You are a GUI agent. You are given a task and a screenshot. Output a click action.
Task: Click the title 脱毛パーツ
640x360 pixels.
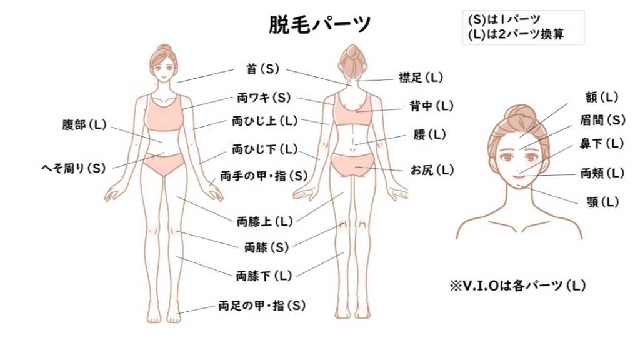pyautogui.click(x=320, y=24)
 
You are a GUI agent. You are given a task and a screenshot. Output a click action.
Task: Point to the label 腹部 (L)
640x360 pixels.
pyautogui.click(x=84, y=124)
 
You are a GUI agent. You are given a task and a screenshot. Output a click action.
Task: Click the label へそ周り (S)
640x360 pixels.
pyautogui.click(x=73, y=167)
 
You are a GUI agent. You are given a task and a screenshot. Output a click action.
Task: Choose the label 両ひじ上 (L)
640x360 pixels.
pyautogui.click(x=264, y=120)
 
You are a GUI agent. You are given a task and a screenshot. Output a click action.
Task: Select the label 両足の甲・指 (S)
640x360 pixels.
pyautogui.click(x=262, y=306)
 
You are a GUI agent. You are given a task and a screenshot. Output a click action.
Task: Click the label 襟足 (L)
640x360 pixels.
pyautogui.click(x=421, y=77)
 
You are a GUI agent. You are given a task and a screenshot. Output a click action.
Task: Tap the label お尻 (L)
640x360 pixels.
pyautogui.click(x=431, y=169)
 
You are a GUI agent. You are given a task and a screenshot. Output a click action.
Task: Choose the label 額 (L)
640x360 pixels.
pyautogui.click(x=601, y=97)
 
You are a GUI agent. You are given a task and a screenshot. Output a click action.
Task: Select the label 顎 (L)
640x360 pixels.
pyautogui.click(x=602, y=202)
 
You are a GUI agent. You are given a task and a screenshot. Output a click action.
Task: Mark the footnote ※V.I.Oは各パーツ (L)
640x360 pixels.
pyautogui.click(x=517, y=286)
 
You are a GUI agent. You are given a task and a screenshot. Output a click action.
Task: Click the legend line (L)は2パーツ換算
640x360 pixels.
pyautogui.click(x=516, y=34)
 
